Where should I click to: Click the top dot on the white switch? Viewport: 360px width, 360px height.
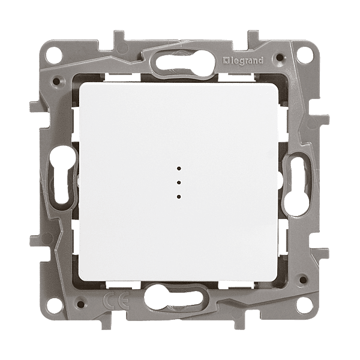click(x=179, y=169)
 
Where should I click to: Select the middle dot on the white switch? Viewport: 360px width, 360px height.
click(x=179, y=182)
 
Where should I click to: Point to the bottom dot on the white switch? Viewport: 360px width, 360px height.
click(x=179, y=197)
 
